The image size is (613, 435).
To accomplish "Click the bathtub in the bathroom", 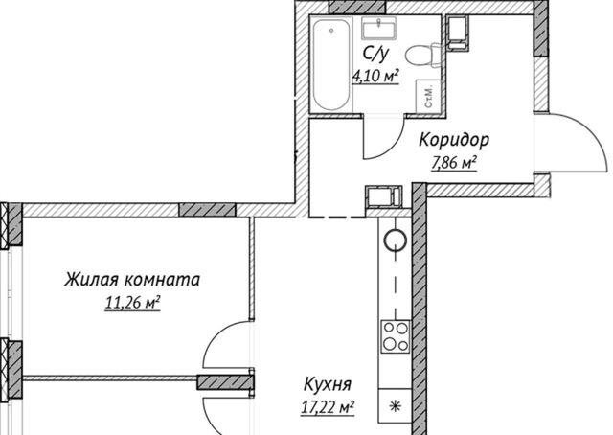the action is tap(331, 65).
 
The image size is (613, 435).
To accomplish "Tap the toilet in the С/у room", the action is tap(423, 56).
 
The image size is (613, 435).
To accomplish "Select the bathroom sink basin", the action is tap(379, 28).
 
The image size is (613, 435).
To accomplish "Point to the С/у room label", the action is tap(375, 55).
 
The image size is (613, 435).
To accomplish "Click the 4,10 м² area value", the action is tap(375, 76).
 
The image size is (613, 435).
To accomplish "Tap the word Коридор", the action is tap(454, 140).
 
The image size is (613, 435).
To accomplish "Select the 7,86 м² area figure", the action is tap(454, 163).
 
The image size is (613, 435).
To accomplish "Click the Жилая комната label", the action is tap(132, 280).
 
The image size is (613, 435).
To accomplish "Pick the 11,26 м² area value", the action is tap(132, 303).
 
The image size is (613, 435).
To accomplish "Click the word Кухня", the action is tap(328, 384).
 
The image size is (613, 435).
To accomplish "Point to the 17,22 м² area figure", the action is tap(328, 407).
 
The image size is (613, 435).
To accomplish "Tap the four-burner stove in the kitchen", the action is tap(396, 337).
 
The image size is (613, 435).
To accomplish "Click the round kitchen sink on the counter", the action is tap(396, 240).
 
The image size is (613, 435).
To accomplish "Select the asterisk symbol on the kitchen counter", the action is tap(395, 407).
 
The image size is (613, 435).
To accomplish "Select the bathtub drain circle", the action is tap(331, 30).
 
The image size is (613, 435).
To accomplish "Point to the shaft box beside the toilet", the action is tap(457, 33).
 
